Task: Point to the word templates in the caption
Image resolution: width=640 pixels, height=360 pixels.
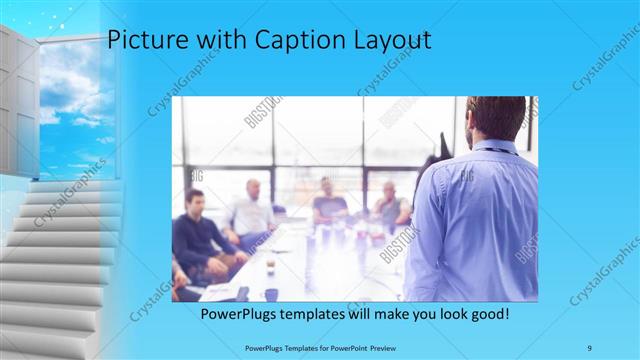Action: [x=321, y=314]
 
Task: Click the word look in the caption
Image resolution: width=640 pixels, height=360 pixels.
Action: [x=442, y=314]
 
